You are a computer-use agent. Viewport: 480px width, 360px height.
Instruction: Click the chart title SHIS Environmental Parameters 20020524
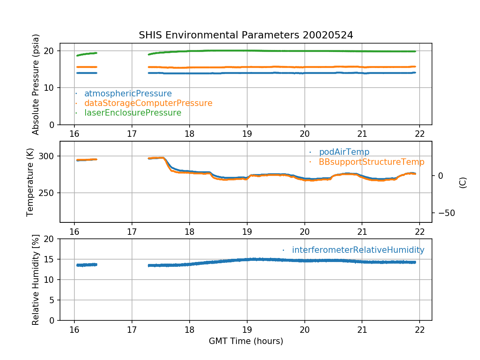pyautogui.click(x=246, y=35)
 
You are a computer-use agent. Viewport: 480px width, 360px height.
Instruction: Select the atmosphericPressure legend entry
pyautogui.click(x=128, y=94)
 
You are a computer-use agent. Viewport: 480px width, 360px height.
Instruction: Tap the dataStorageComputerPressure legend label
pyautogui.click(x=148, y=103)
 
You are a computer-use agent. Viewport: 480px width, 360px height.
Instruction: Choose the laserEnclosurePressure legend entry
pyautogui.click(x=132, y=113)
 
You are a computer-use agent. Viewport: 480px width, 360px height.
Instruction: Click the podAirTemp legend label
pyautogui.click(x=344, y=152)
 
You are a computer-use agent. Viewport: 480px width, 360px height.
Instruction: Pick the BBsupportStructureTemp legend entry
pyautogui.click(x=371, y=162)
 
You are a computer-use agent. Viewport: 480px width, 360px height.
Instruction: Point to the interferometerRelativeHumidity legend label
pyautogui.click(x=358, y=250)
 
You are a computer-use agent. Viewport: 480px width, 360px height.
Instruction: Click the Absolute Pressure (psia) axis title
pyautogui.click(x=36, y=84)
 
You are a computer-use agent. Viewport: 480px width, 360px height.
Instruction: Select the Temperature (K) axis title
pyautogui.click(x=30, y=182)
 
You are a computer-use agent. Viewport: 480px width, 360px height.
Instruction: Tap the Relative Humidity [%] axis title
pyautogui.click(x=35, y=280)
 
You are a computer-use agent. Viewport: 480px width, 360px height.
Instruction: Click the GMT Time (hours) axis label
pyautogui.click(x=246, y=341)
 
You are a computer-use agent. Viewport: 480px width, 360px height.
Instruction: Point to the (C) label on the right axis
pyautogui.click(x=463, y=183)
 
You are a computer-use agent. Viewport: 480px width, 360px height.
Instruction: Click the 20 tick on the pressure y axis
pyautogui.click(x=50, y=51)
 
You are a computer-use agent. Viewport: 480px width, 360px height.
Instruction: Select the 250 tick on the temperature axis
pyautogui.click(x=47, y=193)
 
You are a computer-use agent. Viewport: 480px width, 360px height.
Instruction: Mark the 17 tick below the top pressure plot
pyautogui.click(x=132, y=134)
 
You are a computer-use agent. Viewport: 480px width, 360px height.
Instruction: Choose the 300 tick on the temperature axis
pyautogui.click(x=47, y=156)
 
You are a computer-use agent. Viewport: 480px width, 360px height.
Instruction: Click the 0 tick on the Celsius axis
pyautogui.click(x=440, y=176)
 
